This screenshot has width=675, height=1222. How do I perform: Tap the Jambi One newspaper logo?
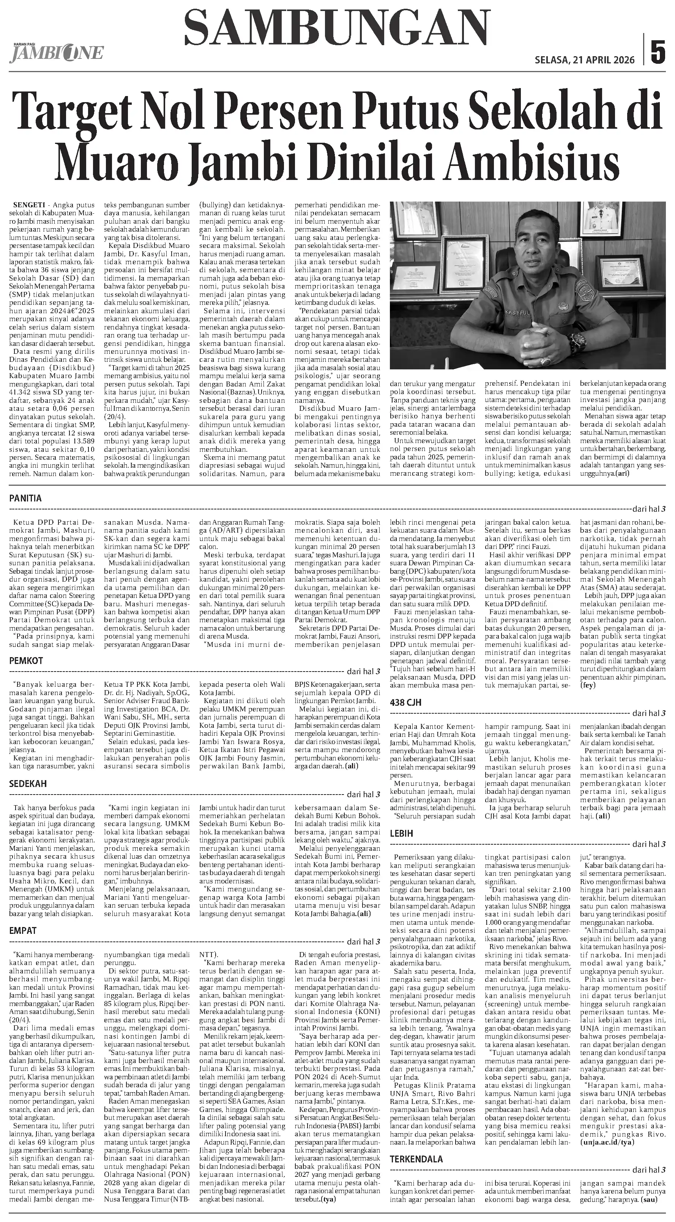[56, 52]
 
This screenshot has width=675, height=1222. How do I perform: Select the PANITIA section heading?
[25, 498]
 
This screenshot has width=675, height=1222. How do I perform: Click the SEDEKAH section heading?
[27, 784]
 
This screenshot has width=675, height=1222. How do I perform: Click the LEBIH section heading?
[401, 834]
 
